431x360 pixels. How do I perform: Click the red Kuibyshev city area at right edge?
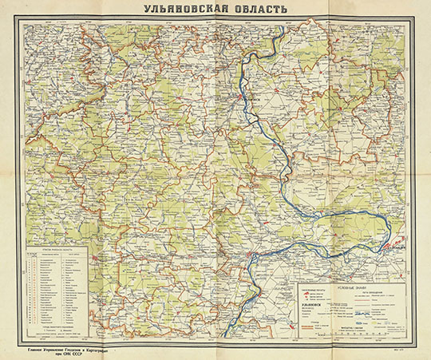[x=393, y=247]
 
